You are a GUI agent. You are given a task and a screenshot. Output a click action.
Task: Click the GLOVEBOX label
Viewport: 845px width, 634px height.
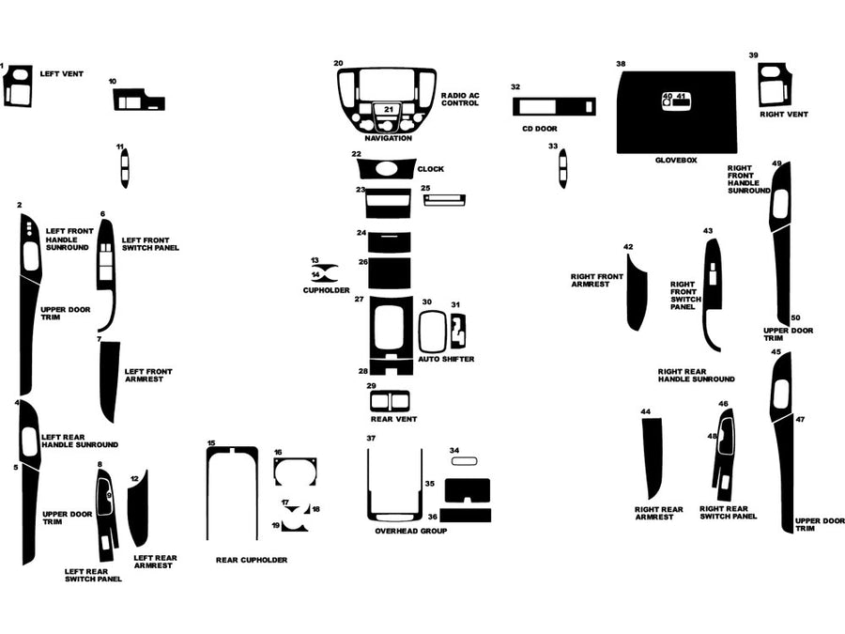(676, 161)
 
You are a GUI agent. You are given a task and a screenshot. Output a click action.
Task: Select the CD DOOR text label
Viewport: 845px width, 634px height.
(540, 128)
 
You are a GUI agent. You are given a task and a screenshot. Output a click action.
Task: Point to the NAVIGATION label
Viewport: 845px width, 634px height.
(388, 139)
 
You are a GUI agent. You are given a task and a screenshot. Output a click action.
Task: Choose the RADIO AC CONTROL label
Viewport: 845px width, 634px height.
(460, 99)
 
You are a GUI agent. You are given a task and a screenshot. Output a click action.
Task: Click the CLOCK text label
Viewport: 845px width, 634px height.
(431, 169)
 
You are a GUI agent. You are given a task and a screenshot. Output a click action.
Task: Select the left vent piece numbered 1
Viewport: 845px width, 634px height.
(18, 86)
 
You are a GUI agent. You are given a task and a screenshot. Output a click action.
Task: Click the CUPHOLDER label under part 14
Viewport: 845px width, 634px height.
(326, 290)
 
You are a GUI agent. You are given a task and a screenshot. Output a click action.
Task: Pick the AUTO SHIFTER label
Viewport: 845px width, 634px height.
(446, 360)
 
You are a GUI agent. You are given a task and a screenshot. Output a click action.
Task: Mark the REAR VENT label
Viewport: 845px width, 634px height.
(394, 419)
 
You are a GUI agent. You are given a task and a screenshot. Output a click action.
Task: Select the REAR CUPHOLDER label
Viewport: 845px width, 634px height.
(252, 560)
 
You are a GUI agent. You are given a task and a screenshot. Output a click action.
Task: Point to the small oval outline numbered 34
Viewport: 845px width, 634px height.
(465, 461)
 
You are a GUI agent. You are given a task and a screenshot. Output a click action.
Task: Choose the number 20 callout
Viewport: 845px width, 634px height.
(338, 63)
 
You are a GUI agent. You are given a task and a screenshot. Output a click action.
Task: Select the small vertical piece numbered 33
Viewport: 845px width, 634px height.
(562, 170)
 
